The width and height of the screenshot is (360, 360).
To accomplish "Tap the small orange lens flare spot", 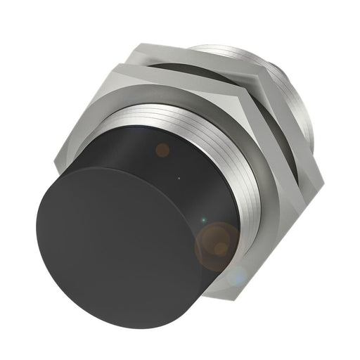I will coord(162,149).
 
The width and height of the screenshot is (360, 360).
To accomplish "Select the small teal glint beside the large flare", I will coord(202,223).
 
